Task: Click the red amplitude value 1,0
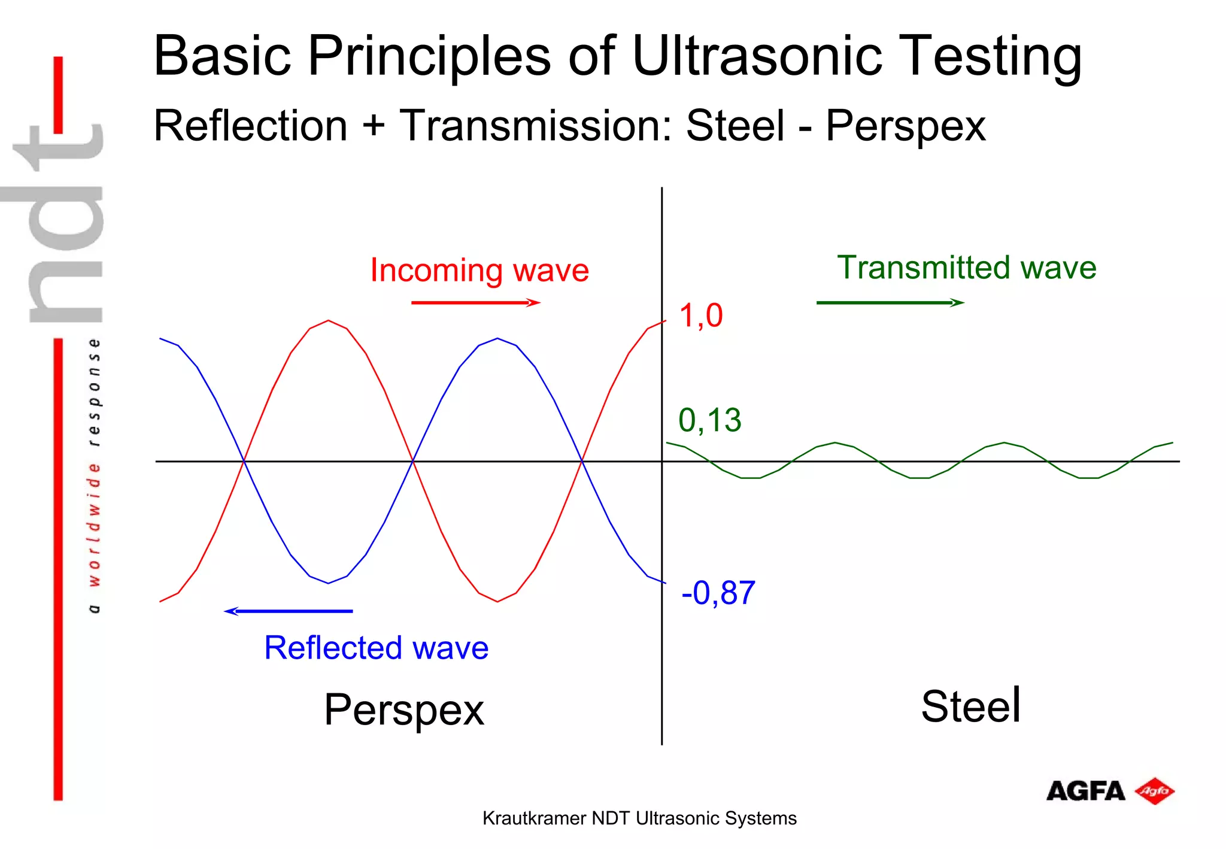point(700,316)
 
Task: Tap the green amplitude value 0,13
point(709,420)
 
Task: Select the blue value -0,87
point(718,593)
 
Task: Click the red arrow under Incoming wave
point(475,303)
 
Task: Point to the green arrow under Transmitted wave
point(890,303)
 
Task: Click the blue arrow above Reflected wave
point(289,611)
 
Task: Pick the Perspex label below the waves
point(404,710)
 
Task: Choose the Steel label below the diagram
point(970,707)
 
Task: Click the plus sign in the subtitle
point(374,126)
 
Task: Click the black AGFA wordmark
point(1085,792)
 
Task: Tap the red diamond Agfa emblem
point(1155,792)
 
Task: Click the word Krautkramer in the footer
point(534,818)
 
